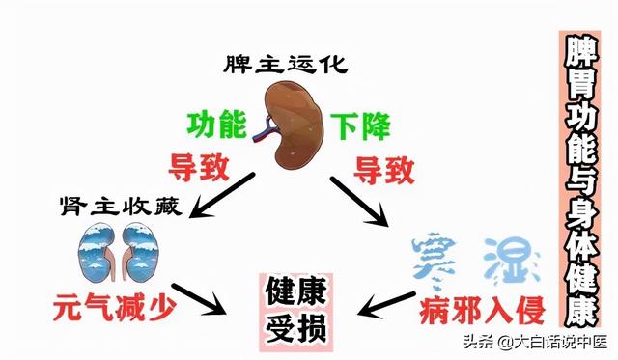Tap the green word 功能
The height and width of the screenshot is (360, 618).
219,125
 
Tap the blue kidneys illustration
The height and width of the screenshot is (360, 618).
108,253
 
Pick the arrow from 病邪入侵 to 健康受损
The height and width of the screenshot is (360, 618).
386,303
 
